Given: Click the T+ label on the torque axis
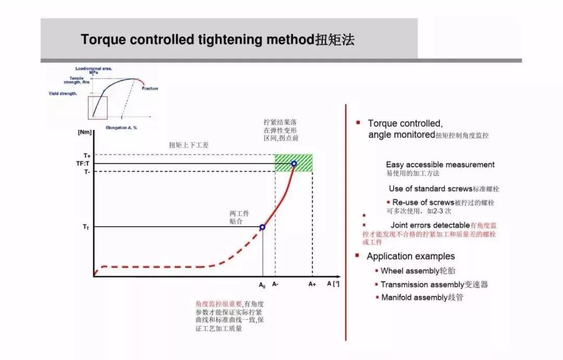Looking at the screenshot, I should coord(87,155).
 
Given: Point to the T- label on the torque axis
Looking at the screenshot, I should coord(87,171).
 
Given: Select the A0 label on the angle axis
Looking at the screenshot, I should coord(262,285).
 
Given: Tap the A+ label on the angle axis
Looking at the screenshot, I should coord(312,284).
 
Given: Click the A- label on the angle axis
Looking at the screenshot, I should coord(275,284).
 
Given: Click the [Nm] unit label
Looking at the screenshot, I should coord(84,133).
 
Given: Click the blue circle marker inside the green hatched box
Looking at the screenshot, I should coord(294,163).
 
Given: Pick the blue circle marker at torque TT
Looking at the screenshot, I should coord(262,227).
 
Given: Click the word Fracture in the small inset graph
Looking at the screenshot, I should coord(150,89).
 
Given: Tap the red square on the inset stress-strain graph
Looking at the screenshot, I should coord(97,108).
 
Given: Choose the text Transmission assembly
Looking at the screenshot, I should coord(422,284).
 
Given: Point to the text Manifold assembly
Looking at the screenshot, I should coord(414,297).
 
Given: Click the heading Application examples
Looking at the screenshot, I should coord(411,256).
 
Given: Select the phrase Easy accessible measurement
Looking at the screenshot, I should coord(440,164).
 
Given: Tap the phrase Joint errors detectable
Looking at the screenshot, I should coord(430,225).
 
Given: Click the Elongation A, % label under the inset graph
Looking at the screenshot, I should coord(121,127).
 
